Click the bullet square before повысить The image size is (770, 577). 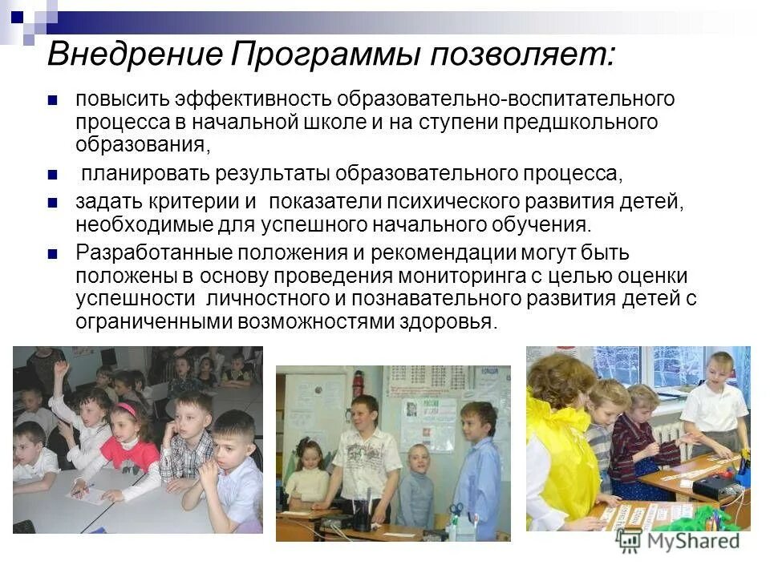point(53,101)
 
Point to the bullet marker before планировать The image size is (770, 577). point(53,174)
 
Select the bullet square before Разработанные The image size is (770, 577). point(53,254)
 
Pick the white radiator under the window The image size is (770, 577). point(667,434)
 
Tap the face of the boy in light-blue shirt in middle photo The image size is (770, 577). point(477,419)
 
